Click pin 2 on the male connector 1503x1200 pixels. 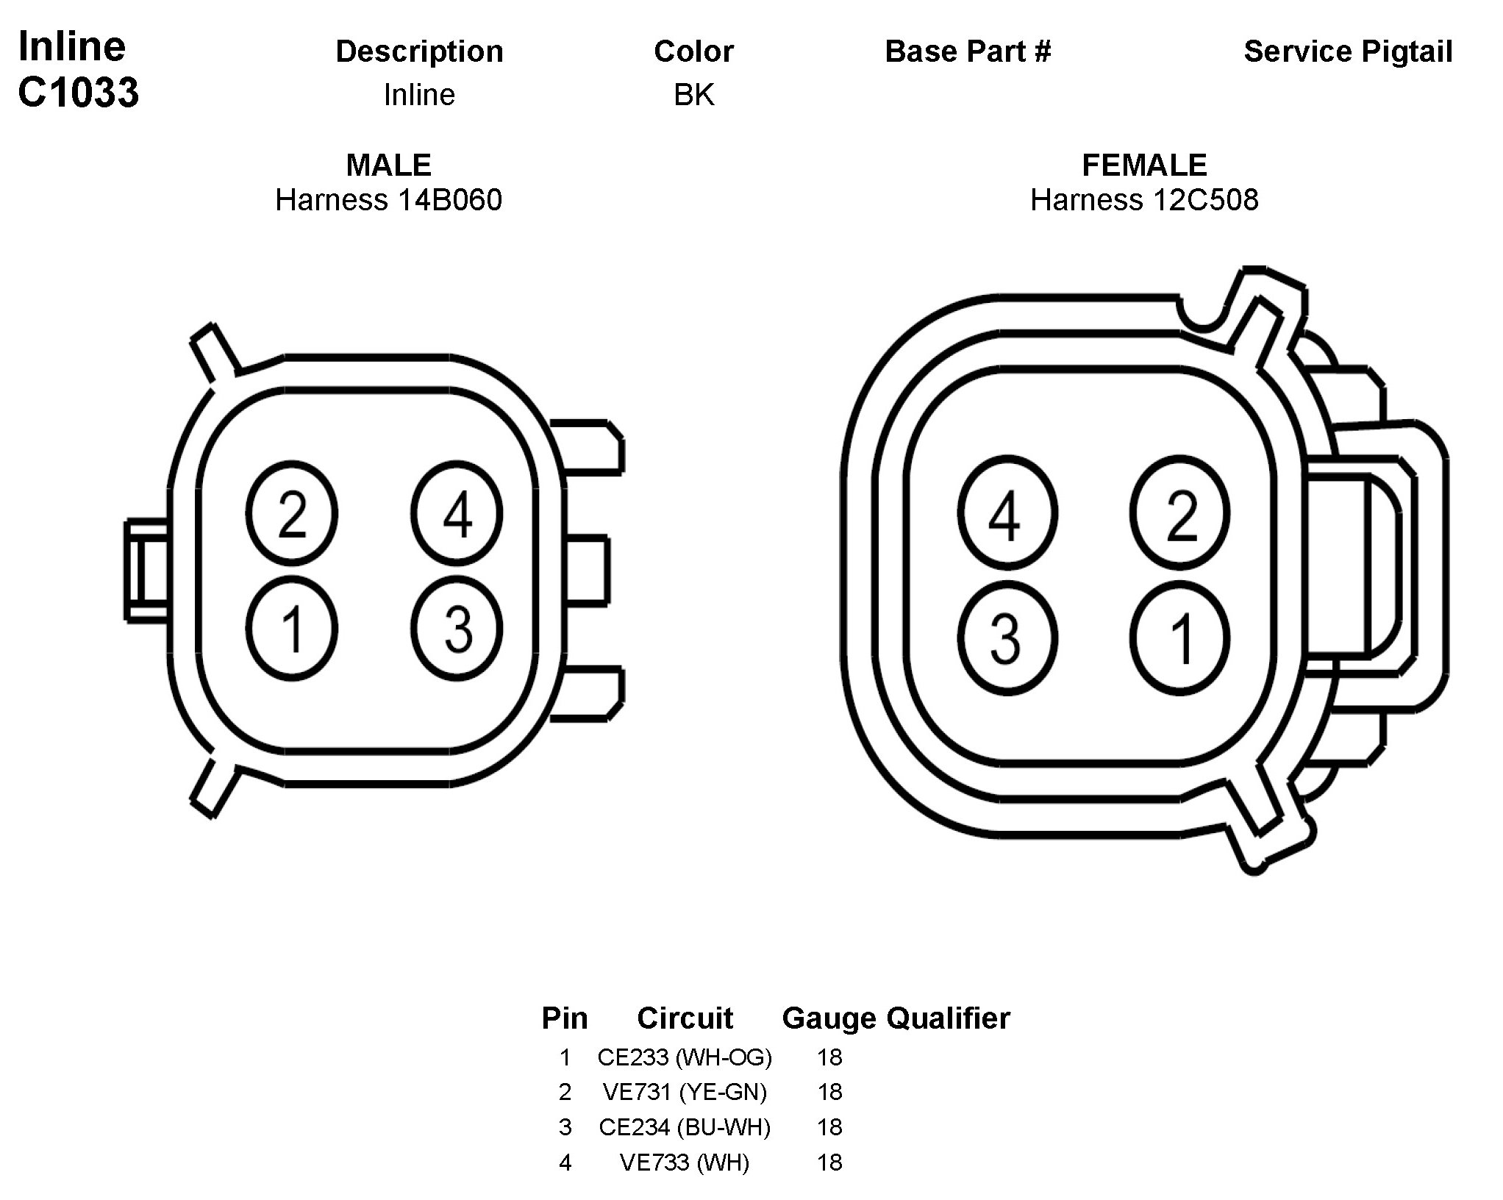[x=292, y=513]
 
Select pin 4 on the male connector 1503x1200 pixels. [x=457, y=513]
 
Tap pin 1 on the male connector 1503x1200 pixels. [x=292, y=629]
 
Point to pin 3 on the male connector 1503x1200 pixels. [x=457, y=629]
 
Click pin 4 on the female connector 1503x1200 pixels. [x=1007, y=513]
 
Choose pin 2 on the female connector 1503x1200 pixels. [x=1179, y=513]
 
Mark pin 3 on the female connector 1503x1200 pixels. [x=1007, y=637]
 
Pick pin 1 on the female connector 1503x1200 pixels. [x=1179, y=637]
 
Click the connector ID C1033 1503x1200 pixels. [x=79, y=93]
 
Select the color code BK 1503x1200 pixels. [x=693, y=95]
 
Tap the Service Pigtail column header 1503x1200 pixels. [x=1348, y=51]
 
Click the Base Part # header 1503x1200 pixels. [x=968, y=51]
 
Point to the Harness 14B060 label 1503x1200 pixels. [x=388, y=200]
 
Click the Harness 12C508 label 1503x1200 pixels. [x=1144, y=200]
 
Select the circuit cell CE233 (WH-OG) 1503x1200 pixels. [x=685, y=1057]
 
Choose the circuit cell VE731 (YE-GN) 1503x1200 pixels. [x=685, y=1092]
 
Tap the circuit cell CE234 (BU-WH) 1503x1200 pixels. [x=685, y=1127]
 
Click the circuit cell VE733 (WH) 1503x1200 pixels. [x=685, y=1162]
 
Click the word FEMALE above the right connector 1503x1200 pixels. [x=1144, y=165]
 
